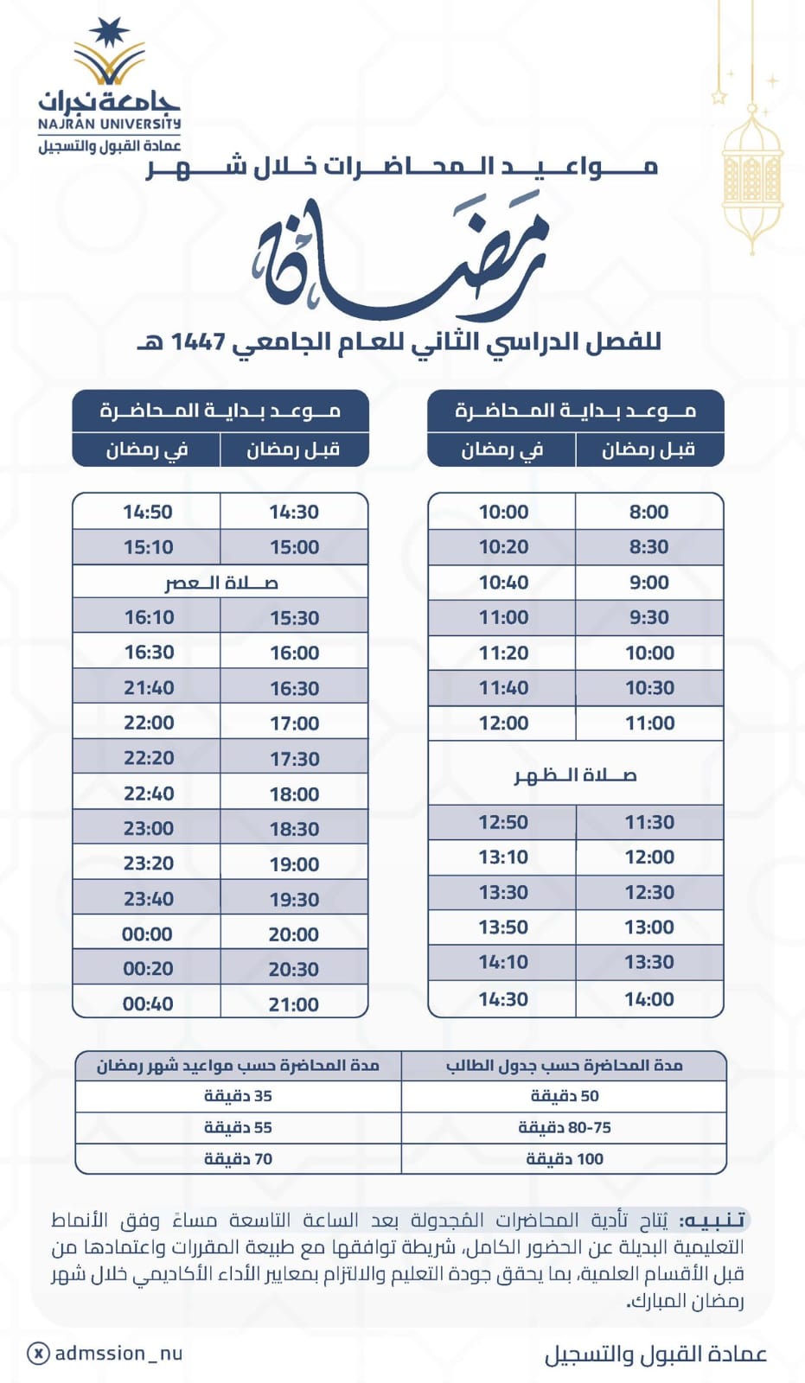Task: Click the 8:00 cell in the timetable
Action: point(648,512)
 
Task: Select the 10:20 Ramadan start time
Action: point(503,547)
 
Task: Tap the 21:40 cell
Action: point(149,688)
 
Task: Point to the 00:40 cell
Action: point(148,1004)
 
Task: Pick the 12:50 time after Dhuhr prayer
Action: point(503,822)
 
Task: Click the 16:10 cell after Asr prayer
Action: point(149,617)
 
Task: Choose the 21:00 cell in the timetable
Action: point(294,1004)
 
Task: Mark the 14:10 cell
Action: point(503,962)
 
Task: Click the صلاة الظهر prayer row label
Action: point(575,775)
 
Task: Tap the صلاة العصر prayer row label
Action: point(220,583)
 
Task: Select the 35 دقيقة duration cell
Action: point(238,1096)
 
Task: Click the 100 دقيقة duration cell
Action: point(565,1159)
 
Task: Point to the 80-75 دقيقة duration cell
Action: point(565,1128)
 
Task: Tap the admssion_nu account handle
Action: point(118,1354)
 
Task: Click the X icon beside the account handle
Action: point(38,1354)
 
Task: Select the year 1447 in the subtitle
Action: point(198,342)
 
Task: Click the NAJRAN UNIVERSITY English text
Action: point(109,124)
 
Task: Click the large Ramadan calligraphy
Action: point(402,259)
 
